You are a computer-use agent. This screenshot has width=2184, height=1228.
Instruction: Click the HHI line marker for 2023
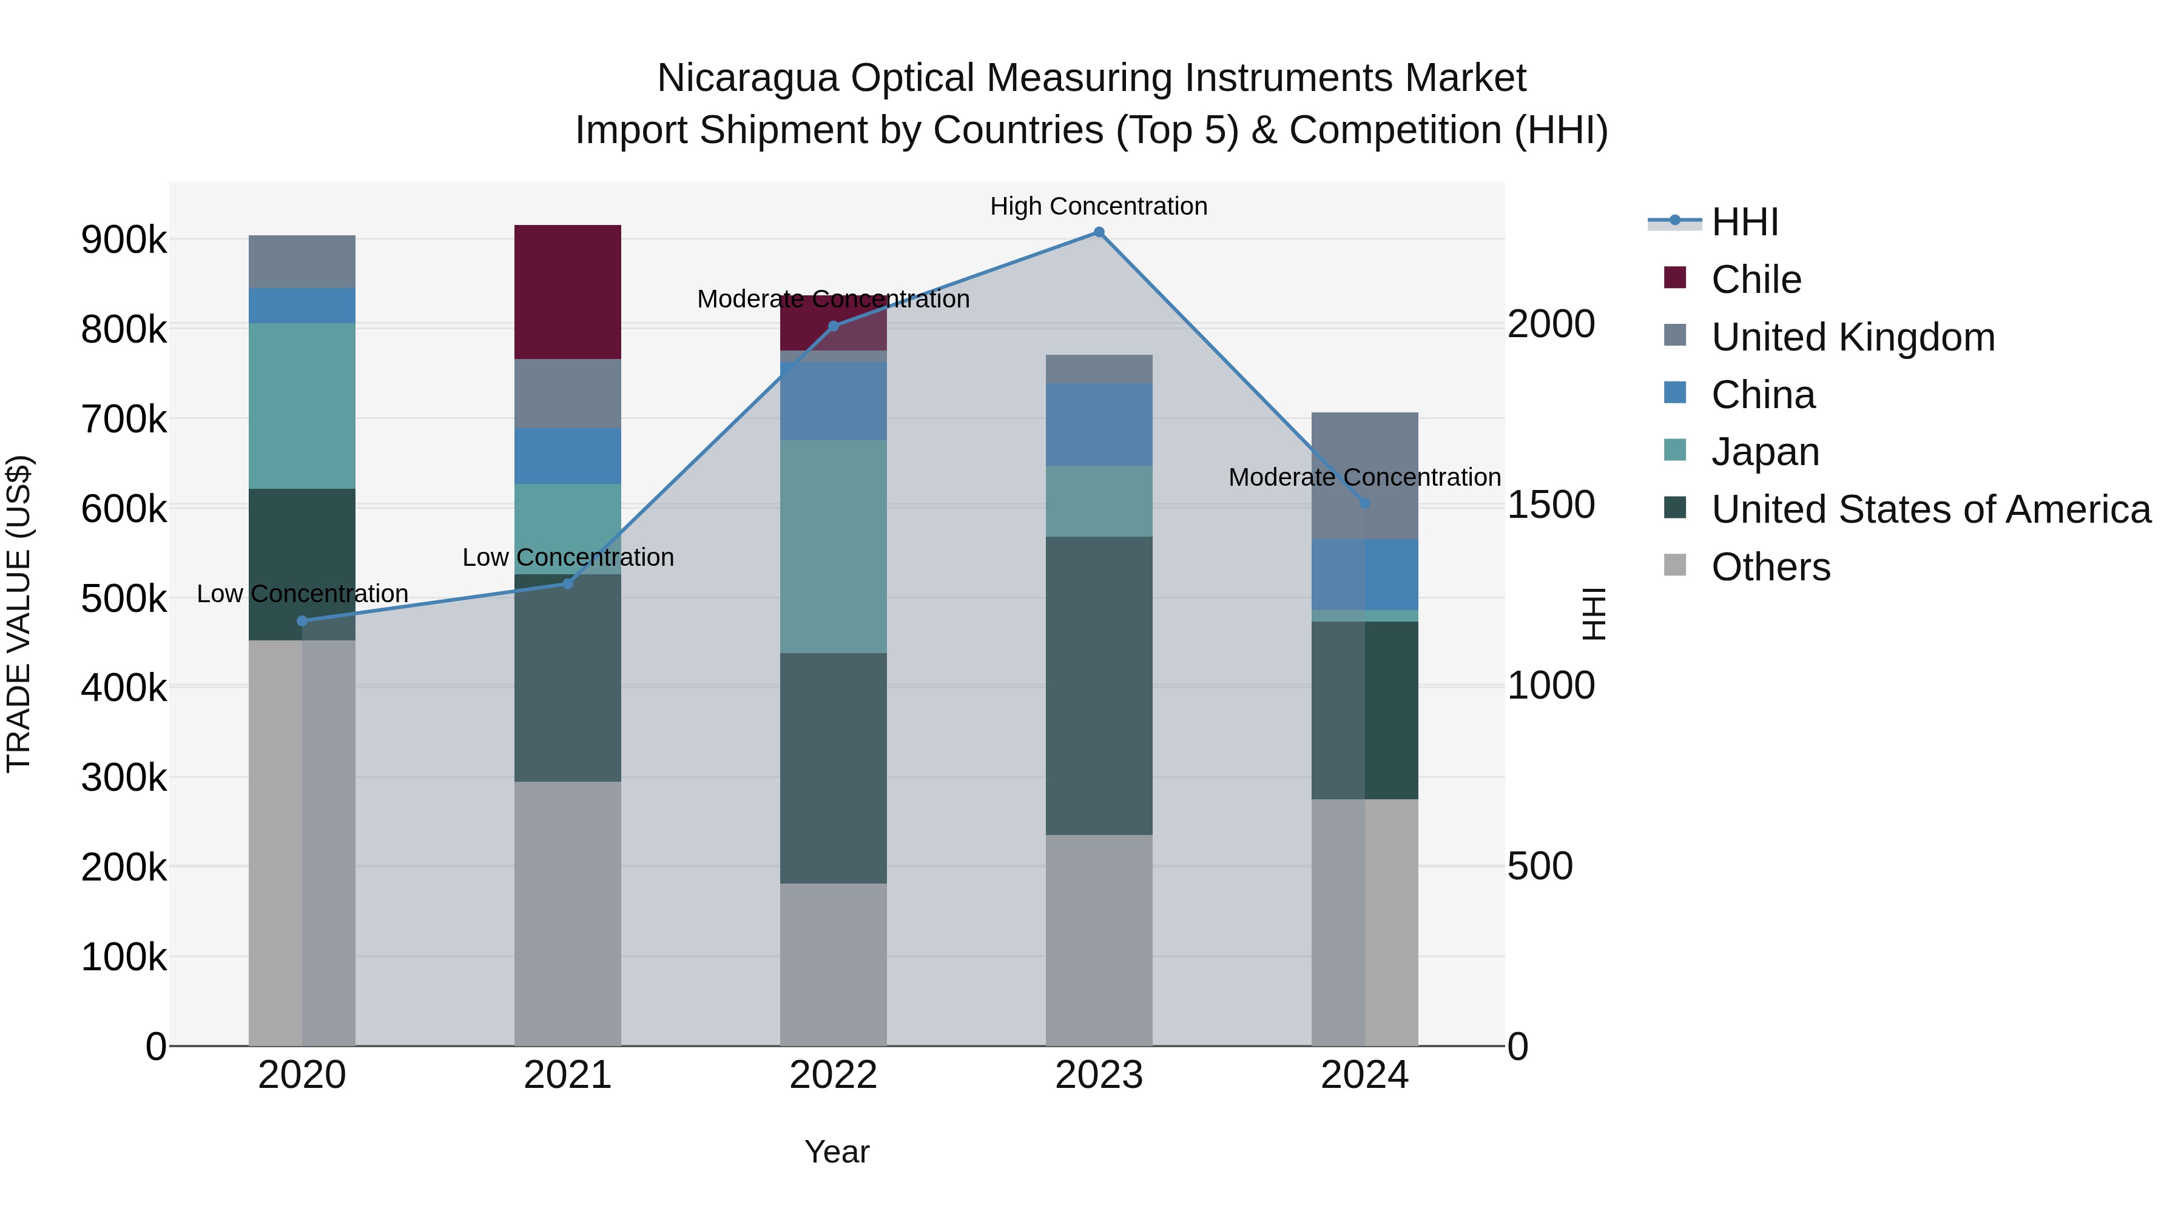(1099, 232)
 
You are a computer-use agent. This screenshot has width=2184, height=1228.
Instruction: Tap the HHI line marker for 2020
(303, 621)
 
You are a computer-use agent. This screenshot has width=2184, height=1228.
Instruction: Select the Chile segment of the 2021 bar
(568, 292)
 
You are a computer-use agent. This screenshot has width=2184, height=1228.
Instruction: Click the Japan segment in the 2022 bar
(834, 546)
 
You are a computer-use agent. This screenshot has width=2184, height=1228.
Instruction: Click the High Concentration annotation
(1099, 206)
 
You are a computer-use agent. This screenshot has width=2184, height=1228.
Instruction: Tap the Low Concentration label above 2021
(568, 558)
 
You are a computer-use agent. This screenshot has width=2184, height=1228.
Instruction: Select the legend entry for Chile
(1756, 280)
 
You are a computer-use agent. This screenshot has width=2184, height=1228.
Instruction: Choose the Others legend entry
(1770, 567)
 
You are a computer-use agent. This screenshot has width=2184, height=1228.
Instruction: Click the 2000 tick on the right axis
(1551, 324)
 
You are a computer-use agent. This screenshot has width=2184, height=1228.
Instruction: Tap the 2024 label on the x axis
(1364, 1075)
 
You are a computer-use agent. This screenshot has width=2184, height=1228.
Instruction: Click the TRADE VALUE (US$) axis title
(19, 614)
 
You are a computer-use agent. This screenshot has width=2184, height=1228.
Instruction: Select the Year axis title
(837, 1152)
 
